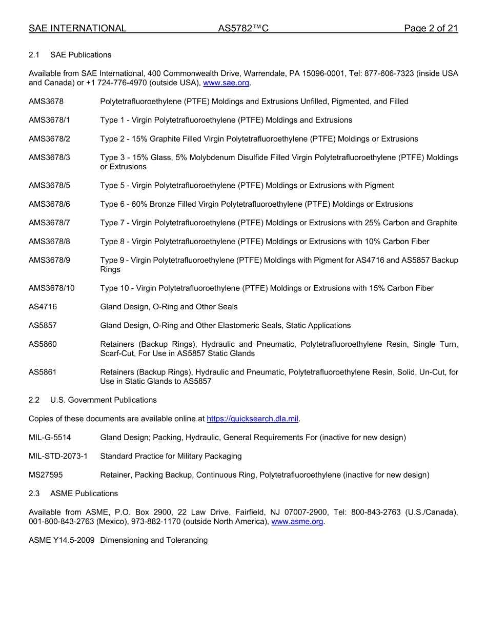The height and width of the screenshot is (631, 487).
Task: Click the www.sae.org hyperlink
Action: point(226,83)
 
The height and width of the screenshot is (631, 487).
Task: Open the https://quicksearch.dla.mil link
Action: point(252,419)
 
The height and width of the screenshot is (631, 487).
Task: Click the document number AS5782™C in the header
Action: point(243,29)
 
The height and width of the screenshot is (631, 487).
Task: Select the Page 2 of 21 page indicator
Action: point(431,29)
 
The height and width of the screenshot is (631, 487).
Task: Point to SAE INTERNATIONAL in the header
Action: point(77,29)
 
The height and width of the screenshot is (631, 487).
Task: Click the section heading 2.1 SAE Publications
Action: point(70,55)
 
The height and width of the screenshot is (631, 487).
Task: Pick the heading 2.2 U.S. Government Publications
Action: point(92,400)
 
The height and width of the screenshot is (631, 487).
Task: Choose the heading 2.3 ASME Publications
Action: point(73,494)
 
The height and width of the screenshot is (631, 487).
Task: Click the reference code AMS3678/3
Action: point(49,157)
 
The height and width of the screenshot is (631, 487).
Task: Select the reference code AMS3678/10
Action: point(51,288)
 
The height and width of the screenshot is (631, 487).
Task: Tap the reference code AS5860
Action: point(43,344)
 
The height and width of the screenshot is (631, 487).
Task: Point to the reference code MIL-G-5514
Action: point(50,438)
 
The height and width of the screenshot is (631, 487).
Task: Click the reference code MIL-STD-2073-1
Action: point(58,456)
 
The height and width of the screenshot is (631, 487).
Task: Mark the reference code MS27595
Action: point(46,475)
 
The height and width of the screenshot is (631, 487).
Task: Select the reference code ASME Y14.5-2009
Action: point(61,540)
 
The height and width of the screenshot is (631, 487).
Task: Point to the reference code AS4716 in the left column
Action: point(43,307)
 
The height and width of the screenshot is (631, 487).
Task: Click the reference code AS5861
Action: point(43,372)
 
